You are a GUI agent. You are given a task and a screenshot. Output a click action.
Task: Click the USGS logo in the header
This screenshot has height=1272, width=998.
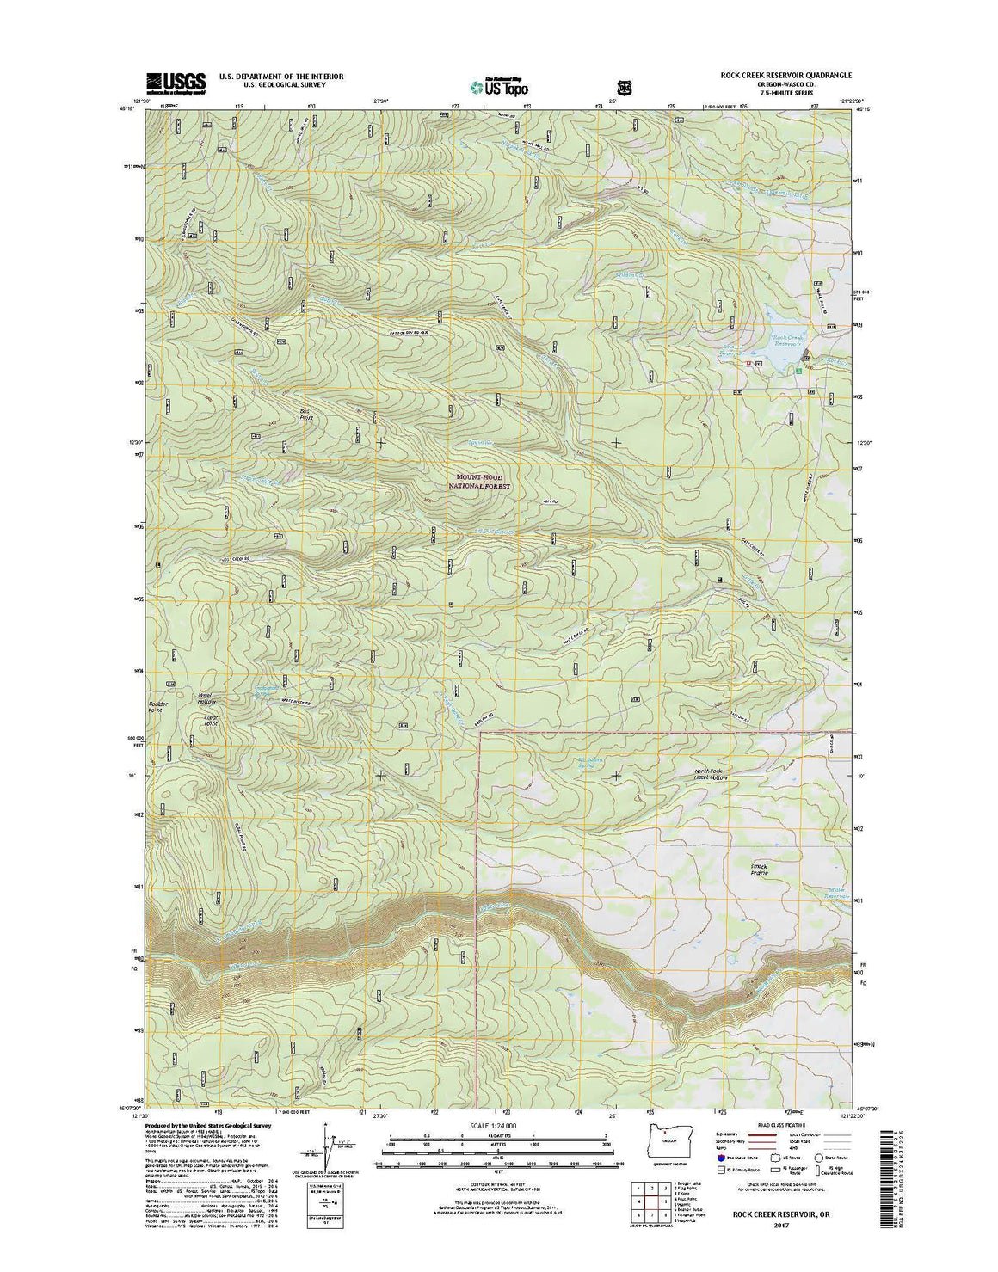pyautogui.click(x=176, y=82)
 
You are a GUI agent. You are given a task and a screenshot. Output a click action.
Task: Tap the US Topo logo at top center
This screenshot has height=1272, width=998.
pyautogui.click(x=499, y=85)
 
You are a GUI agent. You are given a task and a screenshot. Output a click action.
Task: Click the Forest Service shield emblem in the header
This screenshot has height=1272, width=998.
pyautogui.click(x=624, y=86)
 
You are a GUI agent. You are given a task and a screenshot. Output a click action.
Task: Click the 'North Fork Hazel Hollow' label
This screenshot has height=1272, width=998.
pyautogui.click(x=711, y=774)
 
